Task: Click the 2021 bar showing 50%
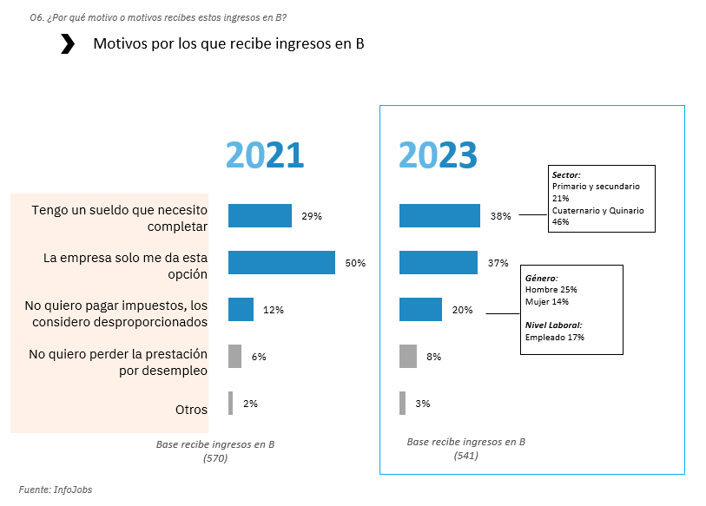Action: coord(281,263)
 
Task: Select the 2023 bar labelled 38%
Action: coord(439,216)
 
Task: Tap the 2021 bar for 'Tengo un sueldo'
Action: coord(260,216)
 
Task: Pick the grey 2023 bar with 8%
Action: coord(408,357)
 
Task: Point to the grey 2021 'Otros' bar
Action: coord(231,404)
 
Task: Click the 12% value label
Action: coord(274,310)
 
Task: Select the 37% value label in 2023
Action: coord(498,263)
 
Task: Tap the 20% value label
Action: coord(463,310)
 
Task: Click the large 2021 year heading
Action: coord(265,155)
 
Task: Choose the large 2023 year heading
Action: coord(438,155)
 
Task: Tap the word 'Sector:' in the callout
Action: coord(566,174)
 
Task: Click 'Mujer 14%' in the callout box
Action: coord(546,301)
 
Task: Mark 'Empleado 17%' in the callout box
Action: coord(555,337)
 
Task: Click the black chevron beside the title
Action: coord(68,44)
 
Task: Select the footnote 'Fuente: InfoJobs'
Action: coord(56,490)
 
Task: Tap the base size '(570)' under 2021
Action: coord(214,457)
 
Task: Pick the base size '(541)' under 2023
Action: coord(465,455)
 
